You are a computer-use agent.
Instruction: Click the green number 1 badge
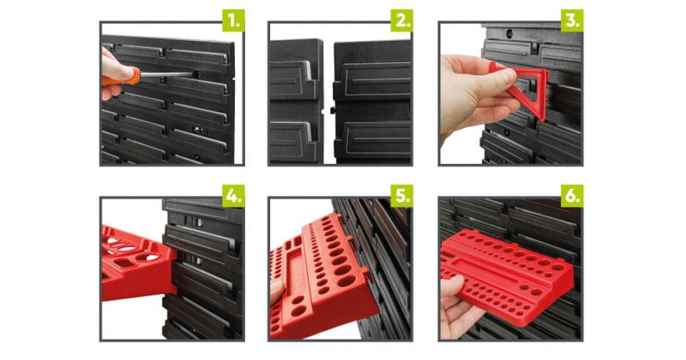(x=233, y=21)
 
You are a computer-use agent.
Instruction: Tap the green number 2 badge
(x=402, y=21)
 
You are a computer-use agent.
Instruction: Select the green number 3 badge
(x=572, y=21)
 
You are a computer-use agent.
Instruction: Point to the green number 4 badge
(x=233, y=196)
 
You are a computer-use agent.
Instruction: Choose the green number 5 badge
(x=402, y=196)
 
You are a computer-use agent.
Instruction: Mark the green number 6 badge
(x=572, y=196)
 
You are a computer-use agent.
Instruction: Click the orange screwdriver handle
(x=122, y=77)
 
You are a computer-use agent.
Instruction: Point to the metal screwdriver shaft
(x=167, y=74)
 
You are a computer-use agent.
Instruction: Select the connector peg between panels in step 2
(x=333, y=110)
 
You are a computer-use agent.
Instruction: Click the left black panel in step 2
(x=296, y=101)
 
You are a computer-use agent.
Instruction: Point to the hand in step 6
(x=460, y=309)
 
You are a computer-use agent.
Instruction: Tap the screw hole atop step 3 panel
(x=509, y=33)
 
